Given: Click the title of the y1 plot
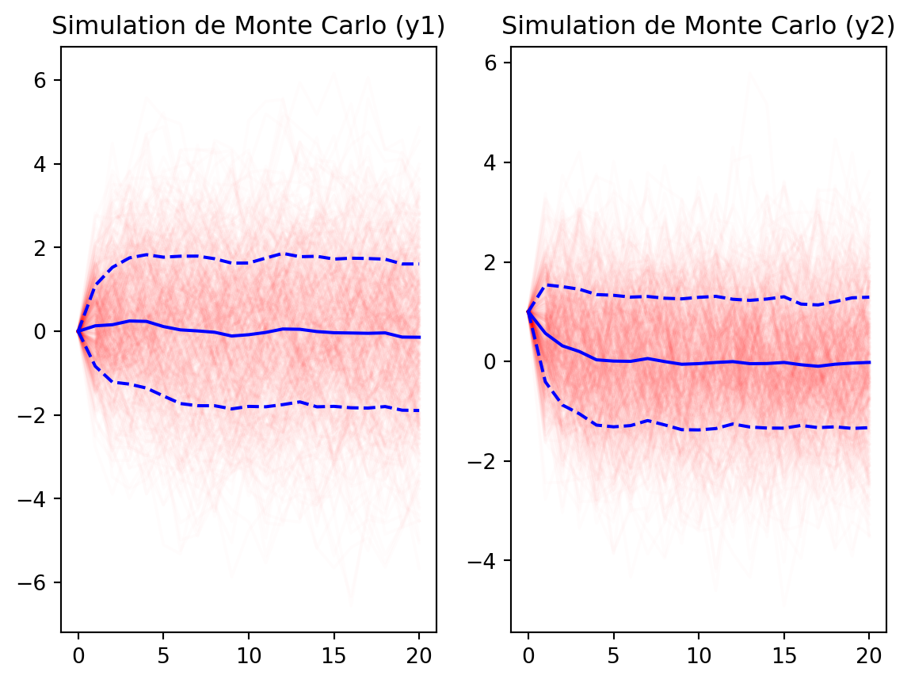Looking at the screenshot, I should pyautogui.click(x=248, y=27).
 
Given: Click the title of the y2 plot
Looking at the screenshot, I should pyautogui.click(x=698, y=27).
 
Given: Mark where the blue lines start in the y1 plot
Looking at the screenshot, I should pyautogui.click(x=78, y=331).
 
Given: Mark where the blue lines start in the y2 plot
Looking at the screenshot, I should pyautogui.click(x=528, y=311).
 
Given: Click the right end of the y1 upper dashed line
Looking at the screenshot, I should pyautogui.click(x=419, y=264).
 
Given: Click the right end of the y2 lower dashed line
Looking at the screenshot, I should pyautogui.click(x=868, y=428).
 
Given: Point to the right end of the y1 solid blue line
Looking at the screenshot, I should pyautogui.click(x=419, y=338).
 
